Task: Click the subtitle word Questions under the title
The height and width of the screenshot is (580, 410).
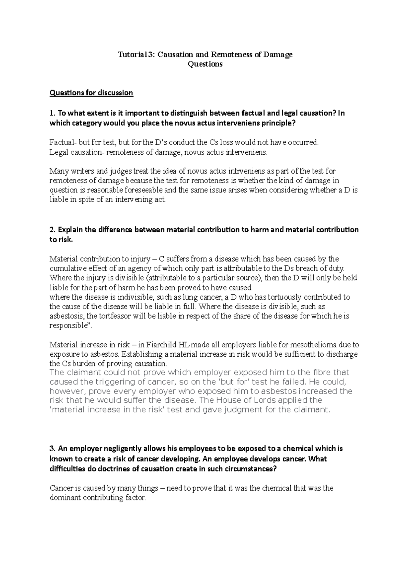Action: coord(205,64)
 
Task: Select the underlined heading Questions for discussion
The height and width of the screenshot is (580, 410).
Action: coord(91,93)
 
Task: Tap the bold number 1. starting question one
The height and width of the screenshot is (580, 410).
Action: coord(52,113)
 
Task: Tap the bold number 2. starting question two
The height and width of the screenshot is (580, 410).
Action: coord(52,230)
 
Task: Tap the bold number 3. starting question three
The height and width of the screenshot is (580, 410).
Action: coord(52,448)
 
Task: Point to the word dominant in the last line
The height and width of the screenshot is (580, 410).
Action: coord(64,498)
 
